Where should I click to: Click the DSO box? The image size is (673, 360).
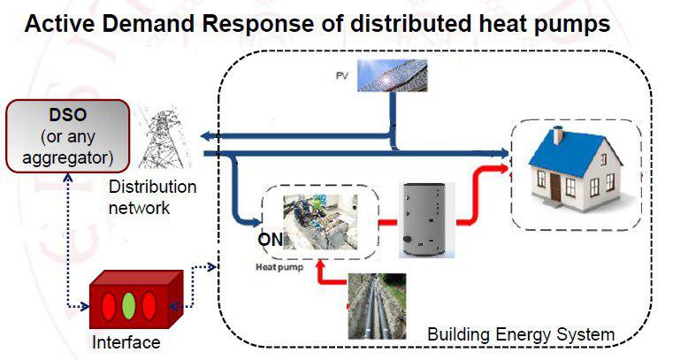[68, 136]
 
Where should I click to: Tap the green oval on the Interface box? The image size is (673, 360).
[129, 305]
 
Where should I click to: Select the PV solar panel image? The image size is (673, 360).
[393, 75]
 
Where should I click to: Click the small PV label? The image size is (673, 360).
[341, 76]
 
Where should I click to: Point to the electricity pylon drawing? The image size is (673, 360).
[163, 137]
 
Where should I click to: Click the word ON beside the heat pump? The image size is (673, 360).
[271, 239]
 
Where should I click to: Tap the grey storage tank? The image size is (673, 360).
[426, 219]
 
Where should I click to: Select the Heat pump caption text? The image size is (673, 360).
[279, 267]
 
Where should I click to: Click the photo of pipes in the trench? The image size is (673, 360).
[377, 306]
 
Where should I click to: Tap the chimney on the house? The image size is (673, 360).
[558, 135]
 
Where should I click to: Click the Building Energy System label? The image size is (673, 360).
[521, 334]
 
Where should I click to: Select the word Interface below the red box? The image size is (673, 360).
[126, 342]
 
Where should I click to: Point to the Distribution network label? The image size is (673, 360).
[152, 197]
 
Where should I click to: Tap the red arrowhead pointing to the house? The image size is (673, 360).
[502, 168]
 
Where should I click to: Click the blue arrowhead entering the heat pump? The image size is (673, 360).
[256, 222]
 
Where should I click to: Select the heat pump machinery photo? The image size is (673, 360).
[320, 222]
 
